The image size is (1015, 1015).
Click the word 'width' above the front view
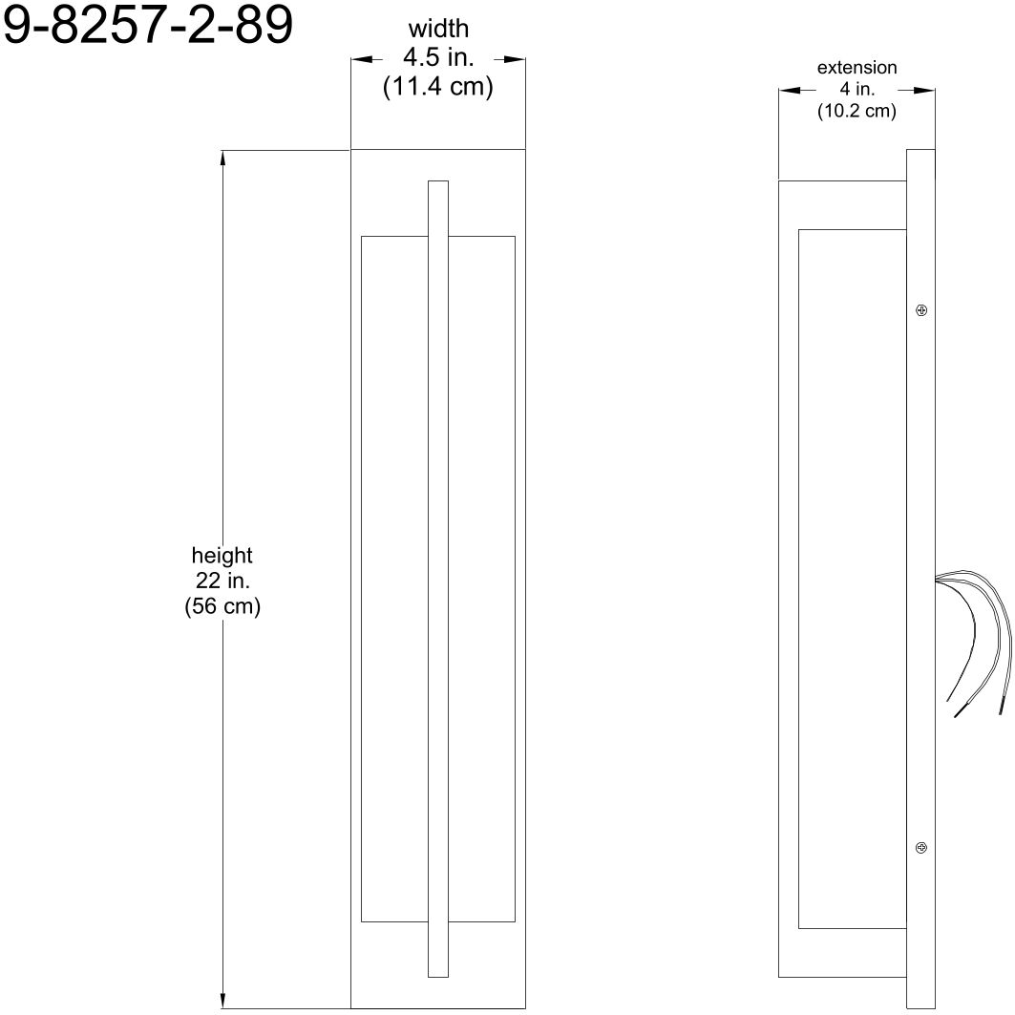(x=438, y=31)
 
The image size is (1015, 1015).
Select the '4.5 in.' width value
(x=438, y=59)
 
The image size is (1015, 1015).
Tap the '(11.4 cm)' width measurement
(x=438, y=88)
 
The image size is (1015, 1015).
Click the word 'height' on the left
(x=222, y=555)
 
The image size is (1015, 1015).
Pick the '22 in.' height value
(x=222, y=581)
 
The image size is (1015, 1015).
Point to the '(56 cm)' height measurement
(x=222, y=606)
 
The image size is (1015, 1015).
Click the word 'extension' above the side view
(x=856, y=68)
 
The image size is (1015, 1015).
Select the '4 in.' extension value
(x=856, y=90)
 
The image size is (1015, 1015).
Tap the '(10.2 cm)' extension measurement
(x=856, y=112)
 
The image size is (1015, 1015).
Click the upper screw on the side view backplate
(x=921, y=310)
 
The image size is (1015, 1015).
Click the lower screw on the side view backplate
(x=921, y=847)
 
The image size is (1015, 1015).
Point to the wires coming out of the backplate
(x=974, y=630)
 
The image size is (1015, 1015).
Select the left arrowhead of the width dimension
(x=362, y=60)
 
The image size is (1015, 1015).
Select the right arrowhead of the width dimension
(x=516, y=60)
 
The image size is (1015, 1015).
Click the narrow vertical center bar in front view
(x=438, y=573)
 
